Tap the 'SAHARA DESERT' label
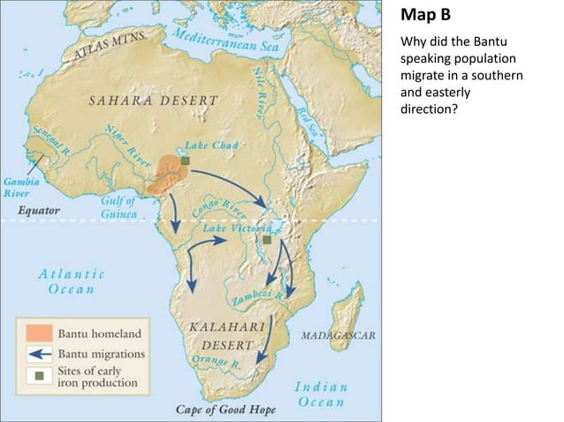coord(152,101)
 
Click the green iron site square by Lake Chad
coord(187,160)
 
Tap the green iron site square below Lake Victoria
coord(266,239)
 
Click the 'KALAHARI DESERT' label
coord(224,335)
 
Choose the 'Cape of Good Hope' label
coord(225,410)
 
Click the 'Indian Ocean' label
coord(320,395)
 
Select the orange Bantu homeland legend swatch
coord(38,334)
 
